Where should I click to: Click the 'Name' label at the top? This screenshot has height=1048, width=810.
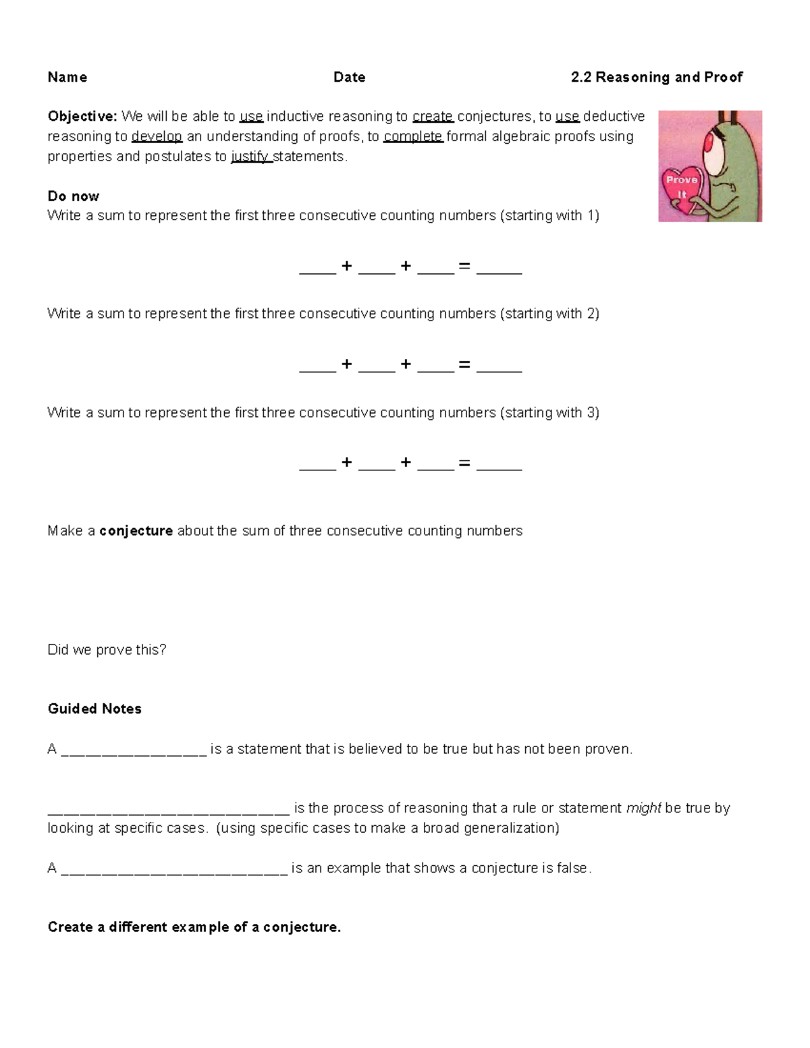point(67,77)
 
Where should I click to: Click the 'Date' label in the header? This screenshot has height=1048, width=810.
point(349,77)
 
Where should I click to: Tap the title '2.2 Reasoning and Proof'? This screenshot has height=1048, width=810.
point(656,77)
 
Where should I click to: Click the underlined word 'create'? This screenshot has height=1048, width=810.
point(433,116)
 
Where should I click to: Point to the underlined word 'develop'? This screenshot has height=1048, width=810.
point(157,136)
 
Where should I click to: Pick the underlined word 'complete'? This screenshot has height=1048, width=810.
point(412,136)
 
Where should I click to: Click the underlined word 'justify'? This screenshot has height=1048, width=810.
point(250,157)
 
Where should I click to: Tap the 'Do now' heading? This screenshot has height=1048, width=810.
point(73,196)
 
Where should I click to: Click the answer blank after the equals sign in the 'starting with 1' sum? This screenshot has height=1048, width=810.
point(499,269)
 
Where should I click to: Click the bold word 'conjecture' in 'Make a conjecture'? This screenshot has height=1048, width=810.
point(136,531)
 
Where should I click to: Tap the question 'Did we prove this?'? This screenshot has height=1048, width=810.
point(107,650)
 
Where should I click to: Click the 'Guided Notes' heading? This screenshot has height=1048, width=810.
point(94,709)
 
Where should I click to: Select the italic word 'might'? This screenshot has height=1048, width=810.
point(643,808)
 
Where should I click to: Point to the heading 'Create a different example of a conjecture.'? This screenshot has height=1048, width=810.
point(194,927)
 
